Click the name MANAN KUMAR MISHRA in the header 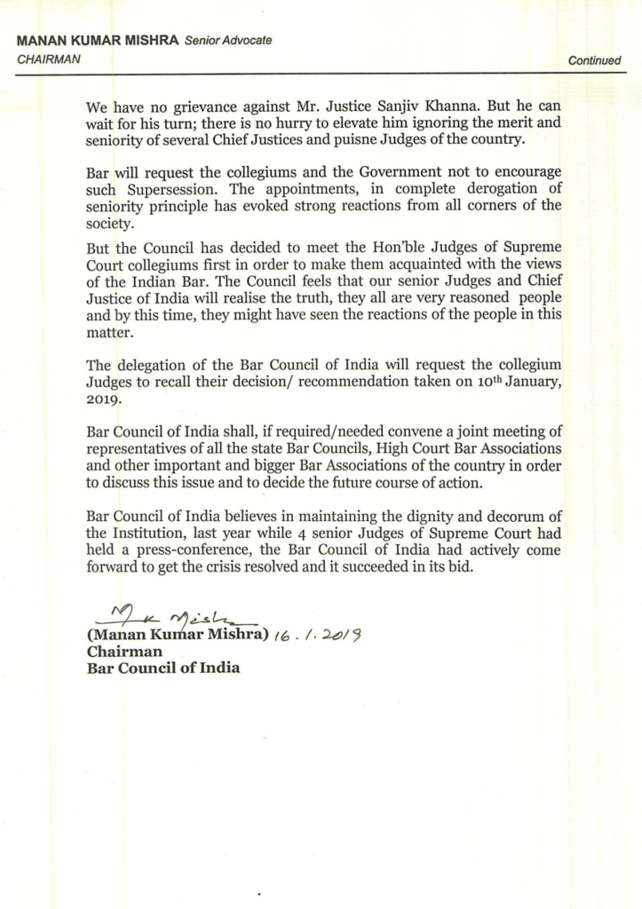tap(97, 42)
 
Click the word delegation tap(152, 365)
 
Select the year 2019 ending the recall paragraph tap(104, 399)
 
